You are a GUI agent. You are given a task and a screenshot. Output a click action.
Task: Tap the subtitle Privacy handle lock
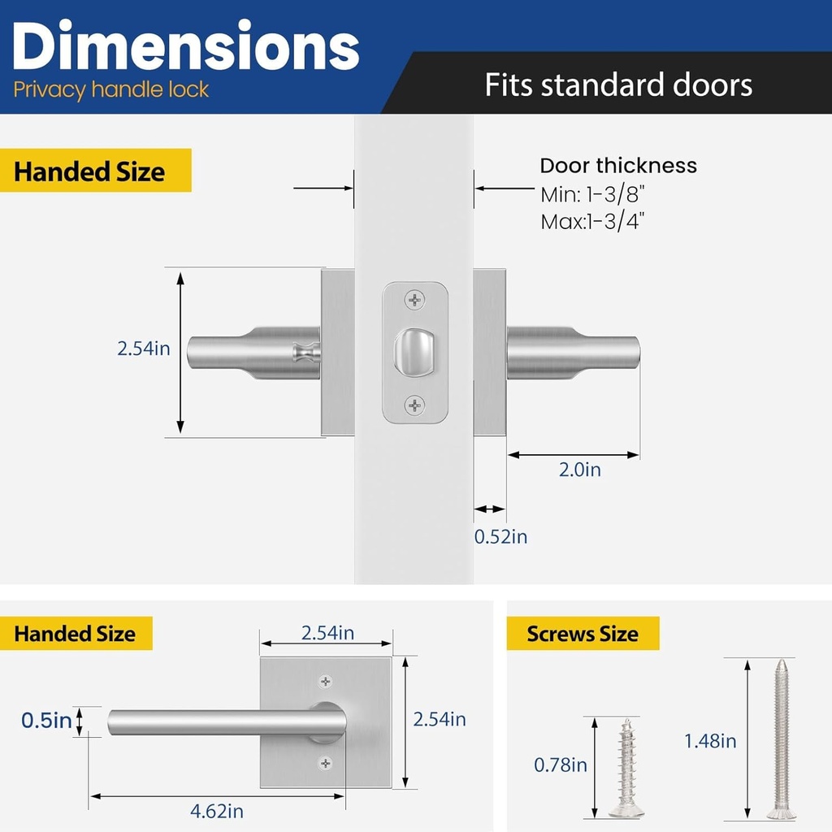click(x=111, y=89)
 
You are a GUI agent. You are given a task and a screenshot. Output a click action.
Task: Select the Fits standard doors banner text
click(x=618, y=84)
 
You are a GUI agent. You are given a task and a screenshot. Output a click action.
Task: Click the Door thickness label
click(x=618, y=166)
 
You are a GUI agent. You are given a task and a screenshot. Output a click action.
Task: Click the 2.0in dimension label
click(x=580, y=470)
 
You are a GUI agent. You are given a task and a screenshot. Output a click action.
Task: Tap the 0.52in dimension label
click(x=500, y=537)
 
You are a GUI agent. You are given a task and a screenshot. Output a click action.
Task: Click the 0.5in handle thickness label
click(x=46, y=720)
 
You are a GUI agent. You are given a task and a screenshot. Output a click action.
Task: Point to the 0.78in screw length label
click(x=560, y=765)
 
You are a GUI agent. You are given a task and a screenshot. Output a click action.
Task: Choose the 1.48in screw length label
click(x=710, y=741)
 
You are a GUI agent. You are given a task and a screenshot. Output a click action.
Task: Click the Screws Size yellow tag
click(x=583, y=634)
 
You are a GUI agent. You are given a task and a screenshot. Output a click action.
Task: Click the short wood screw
click(x=626, y=768)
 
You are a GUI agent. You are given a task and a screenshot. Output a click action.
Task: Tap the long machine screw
click(x=781, y=739)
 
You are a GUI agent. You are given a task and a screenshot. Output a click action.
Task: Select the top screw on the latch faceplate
click(x=415, y=301)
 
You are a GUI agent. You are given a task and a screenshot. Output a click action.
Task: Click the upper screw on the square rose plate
click(x=326, y=681)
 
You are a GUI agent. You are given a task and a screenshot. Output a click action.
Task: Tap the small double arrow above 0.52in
click(x=490, y=509)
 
